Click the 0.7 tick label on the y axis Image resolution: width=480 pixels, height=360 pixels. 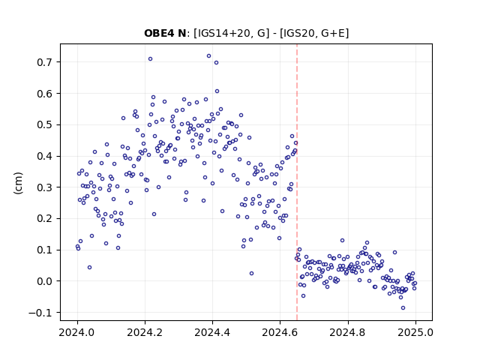tap(44, 62)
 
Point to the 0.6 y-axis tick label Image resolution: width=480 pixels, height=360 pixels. tap(44, 93)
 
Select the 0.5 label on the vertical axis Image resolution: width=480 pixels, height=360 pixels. tap(44, 125)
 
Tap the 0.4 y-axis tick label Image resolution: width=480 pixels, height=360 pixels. tap(44, 156)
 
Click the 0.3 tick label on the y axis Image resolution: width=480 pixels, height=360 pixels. tap(44, 187)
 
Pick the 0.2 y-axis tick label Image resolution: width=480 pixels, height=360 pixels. tap(44, 218)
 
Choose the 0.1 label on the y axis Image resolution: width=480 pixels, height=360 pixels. tap(44, 250)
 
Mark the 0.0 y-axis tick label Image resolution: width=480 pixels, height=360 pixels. tap(44, 281)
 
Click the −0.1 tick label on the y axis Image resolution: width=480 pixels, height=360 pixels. tap(40, 313)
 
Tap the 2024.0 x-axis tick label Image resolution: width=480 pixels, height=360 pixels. tap(77, 332)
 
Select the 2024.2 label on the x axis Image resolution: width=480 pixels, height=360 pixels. tap(145, 332)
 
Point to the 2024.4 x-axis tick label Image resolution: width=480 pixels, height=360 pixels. tap(212, 332)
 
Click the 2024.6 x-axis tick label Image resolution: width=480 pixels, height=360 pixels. tap(280, 332)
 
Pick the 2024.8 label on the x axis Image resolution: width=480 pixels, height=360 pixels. tap(348, 332)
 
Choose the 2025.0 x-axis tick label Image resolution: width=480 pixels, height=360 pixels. tap(415, 332)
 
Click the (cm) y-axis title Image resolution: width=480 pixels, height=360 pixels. tap(18, 183)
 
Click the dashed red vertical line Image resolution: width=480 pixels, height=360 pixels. tap(297, 182)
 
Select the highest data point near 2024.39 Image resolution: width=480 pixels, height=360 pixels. tap(208, 56)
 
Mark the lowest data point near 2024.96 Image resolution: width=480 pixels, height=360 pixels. tap(403, 308)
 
